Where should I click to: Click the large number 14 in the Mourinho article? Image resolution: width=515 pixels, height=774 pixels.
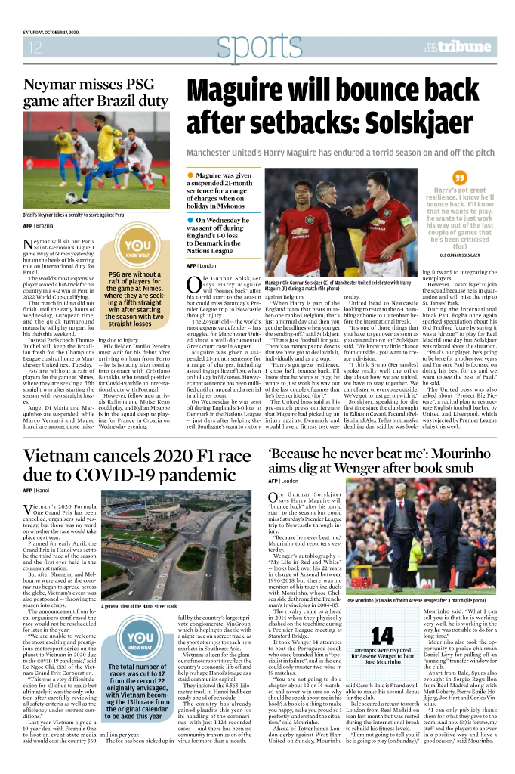(386, 636)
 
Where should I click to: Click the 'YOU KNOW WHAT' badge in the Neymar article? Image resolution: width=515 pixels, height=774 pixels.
(137, 250)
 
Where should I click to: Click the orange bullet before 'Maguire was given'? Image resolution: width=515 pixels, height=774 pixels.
(190, 175)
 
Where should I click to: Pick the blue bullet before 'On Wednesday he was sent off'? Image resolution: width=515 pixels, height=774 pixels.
(190, 220)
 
